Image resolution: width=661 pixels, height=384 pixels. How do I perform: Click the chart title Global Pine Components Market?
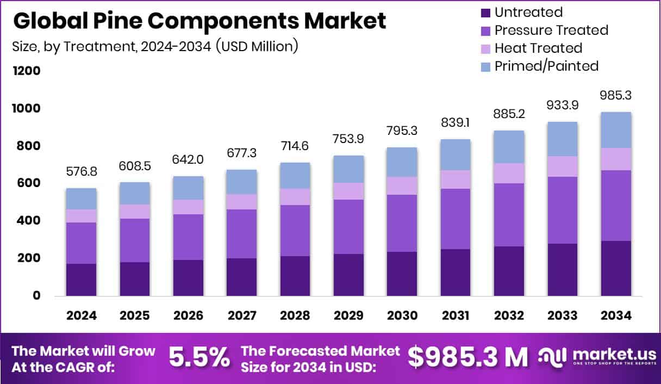click(199, 21)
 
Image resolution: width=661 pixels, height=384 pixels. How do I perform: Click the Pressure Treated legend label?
click(551, 30)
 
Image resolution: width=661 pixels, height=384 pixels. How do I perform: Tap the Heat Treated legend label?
click(538, 48)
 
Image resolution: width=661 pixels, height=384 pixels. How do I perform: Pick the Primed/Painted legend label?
click(546, 66)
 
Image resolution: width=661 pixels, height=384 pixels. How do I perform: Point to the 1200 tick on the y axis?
click(26, 71)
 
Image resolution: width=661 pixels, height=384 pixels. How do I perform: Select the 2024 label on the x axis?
click(81, 316)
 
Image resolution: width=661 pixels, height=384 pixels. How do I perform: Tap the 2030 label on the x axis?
click(402, 316)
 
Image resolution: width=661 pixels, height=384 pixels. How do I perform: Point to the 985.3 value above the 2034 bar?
click(616, 96)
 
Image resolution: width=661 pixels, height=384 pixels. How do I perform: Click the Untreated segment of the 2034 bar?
click(616, 268)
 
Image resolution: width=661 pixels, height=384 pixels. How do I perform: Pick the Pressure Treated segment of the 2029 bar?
click(348, 226)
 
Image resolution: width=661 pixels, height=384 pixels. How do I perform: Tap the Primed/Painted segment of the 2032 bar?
click(509, 147)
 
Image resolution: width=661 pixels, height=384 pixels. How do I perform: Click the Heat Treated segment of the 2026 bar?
click(188, 207)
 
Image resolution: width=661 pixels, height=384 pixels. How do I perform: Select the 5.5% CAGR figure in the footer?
click(199, 357)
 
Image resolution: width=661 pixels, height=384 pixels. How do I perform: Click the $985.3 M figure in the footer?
click(467, 357)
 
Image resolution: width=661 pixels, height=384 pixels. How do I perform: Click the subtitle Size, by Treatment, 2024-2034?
click(155, 46)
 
